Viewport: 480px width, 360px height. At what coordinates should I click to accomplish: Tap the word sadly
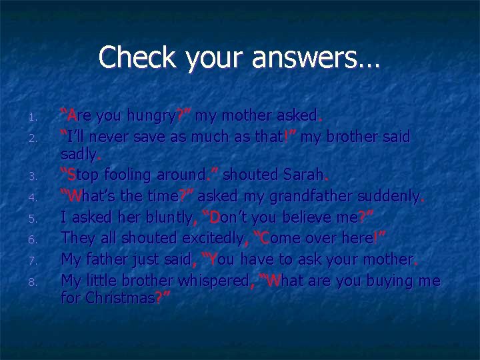coord(79,155)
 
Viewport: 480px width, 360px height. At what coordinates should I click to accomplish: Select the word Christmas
coord(119,298)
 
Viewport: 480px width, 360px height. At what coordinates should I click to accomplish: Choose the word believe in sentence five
coord(304,217)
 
